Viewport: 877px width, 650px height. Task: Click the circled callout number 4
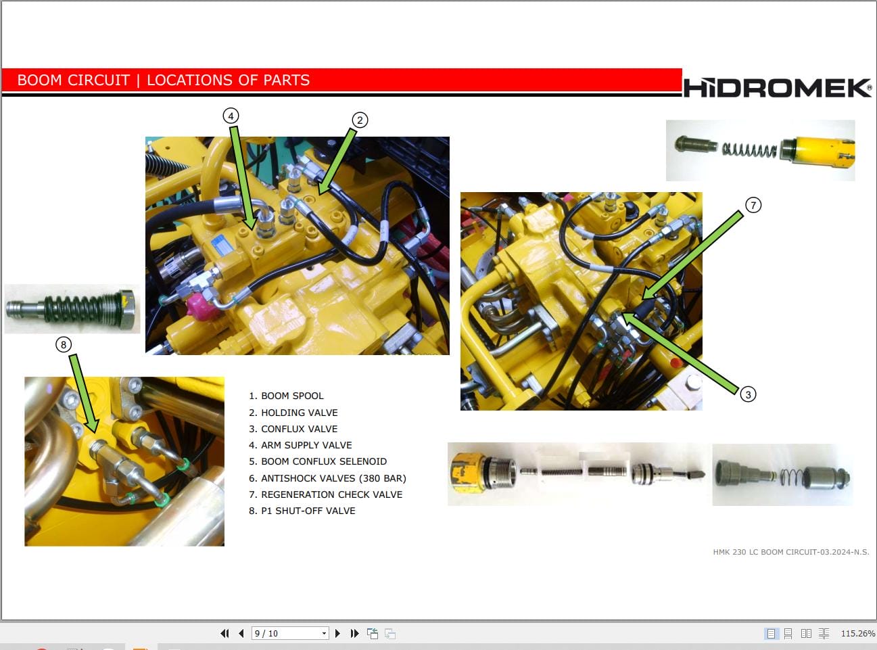point(231,116)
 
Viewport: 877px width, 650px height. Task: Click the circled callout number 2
point(360,120)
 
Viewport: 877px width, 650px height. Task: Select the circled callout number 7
point(753,205)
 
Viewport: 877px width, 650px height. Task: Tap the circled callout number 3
point(748,394)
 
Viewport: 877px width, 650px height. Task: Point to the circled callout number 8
point(64,345)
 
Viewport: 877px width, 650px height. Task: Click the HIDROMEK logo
point(777,88)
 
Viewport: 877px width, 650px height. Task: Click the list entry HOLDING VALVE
point(293,413)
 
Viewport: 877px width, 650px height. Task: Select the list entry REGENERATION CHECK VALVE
point(325,494)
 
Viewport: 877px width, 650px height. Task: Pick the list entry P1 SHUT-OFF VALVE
point(302,511)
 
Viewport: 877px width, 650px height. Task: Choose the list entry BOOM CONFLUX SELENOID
point(318,461)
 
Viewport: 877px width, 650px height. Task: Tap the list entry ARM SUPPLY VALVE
point(300,445)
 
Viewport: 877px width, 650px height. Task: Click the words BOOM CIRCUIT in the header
point(73,80)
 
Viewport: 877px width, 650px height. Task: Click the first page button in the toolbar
point(224,633)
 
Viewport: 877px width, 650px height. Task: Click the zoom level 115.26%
point(857,634)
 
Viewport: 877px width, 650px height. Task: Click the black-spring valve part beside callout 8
point(72,308)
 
